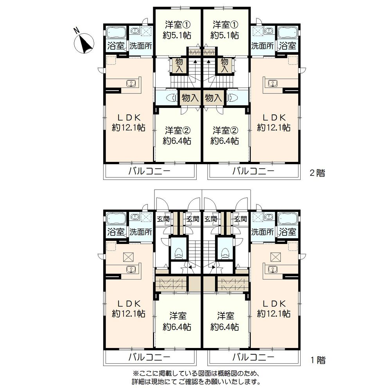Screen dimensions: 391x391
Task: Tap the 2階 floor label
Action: pyautogui.click(x=317, y=173)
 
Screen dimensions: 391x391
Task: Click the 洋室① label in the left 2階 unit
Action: pyautogui.click(x=177, y=25)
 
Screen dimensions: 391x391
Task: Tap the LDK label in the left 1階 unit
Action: pyautogui.click(x=129, y=303)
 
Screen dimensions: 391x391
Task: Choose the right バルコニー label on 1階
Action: pyautogui.click(x=253, y=357)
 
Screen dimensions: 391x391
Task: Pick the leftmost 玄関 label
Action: pyautogui.click(x=163, y=219)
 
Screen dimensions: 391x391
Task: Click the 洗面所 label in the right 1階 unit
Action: pyautogui.click(x=262, y=232)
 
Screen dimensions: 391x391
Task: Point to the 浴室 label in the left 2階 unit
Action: pyautogui.click(x=116, y=45)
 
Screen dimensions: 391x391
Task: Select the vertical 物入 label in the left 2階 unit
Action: pyautogui.click(x=179, y=65)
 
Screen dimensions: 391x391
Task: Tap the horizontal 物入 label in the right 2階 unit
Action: pyautogui.click(x=214, y=98)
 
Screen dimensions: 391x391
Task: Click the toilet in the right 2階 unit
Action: pyautogui.click(x=232, y=98)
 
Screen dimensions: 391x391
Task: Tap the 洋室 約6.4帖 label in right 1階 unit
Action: pyautogui.click(x=225, y=321)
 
